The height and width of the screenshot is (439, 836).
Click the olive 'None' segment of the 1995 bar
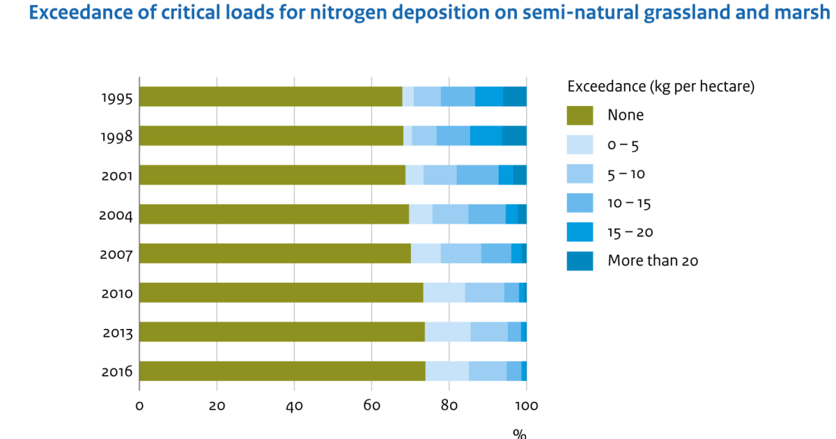pos(271,97)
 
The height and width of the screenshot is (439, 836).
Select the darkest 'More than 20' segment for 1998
pos(514,136)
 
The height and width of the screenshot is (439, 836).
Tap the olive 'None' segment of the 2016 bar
pos(282,371)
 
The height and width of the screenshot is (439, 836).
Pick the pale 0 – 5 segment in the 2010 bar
pos(444,293)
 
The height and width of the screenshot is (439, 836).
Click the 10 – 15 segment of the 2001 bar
pos(477,175)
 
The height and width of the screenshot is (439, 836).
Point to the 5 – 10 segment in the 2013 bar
pos(489,332)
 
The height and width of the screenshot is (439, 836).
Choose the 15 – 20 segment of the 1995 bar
pos(489,97)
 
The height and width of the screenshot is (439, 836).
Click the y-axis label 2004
pos(116,215)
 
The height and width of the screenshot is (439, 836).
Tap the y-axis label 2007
pos(116,254)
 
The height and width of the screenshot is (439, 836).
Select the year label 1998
pos(116,137)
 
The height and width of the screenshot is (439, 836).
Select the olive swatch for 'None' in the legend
pos(580,116)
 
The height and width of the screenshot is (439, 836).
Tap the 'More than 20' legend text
pos(653,261)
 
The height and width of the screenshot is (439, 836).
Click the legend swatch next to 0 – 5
pos(580,144)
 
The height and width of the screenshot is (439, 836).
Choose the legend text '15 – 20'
pos(630,232)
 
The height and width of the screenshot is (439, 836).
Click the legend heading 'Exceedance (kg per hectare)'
pos(661,87)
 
